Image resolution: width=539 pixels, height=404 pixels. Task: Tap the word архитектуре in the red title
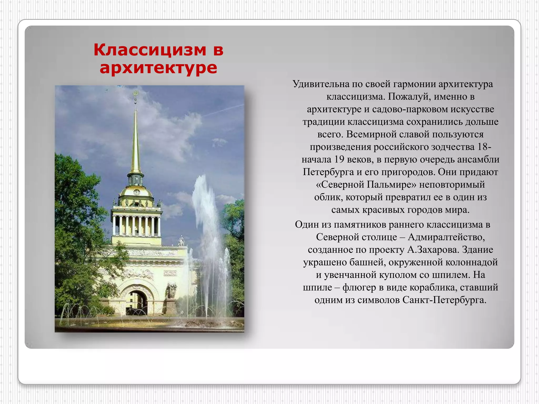tap(158, 68)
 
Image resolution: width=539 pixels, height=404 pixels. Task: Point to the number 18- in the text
tap(484, 147)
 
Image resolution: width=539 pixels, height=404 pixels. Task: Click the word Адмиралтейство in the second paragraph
tap(446, 237)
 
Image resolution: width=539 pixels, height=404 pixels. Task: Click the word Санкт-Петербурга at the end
tap(444, 300)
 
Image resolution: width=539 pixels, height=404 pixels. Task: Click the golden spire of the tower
tap(136, 142)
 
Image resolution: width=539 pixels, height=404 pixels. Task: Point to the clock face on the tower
tap(136, 192)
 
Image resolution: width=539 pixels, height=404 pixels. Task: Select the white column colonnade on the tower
tap(136, 226)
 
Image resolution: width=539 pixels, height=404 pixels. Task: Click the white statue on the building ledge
tap(181, 241)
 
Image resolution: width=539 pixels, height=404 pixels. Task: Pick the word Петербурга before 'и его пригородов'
tap(328, 172)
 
